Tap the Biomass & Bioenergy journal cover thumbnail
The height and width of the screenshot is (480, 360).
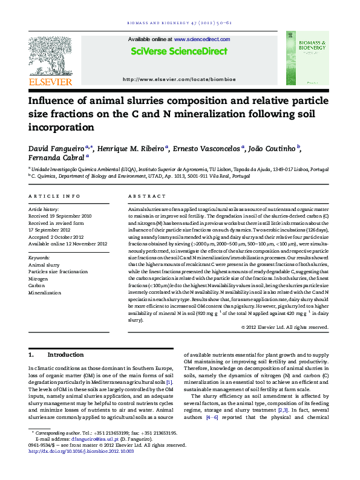[308, 58]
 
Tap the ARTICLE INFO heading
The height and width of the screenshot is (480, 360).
[54, 196]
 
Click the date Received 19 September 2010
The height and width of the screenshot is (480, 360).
[60, 215]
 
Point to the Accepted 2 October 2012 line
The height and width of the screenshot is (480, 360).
[56, 237]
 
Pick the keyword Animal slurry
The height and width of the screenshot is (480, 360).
[44, 265]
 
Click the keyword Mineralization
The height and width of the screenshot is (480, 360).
[45, 293]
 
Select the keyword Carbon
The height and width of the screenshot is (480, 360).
[38, 286]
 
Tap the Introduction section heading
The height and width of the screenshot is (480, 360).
[65, 354]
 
